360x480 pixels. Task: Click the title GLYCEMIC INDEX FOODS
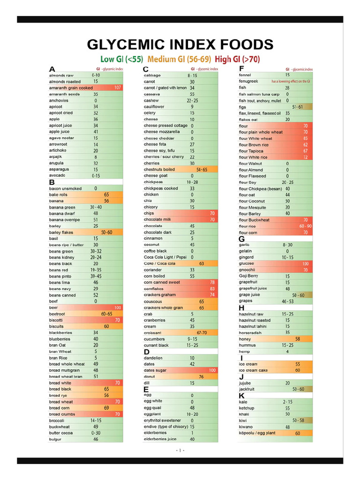[x=180, y=45]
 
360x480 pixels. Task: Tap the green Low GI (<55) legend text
[x=122, y=59]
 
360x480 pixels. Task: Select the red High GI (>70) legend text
[x=237, y=59]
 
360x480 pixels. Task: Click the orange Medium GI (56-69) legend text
[x=180, y=59]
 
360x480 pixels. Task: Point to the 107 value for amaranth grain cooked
[x=118, y=88]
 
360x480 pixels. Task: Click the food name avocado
[x=57, y=175]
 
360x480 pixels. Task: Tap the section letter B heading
[x=52, y=182]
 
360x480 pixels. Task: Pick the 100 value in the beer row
[x=118, y=307]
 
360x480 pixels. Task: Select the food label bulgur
[x=55, y=439]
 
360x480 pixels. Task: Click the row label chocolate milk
[x=157, y=219]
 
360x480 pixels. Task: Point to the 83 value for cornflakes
[x=212, y=289]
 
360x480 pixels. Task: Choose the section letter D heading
[x=147, y=352]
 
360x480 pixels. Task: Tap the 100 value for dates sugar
[x=212, y=370]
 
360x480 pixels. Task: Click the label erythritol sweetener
[x=162, y=420]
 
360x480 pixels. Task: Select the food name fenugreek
[x=248, y=81]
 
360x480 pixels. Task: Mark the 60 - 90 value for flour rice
[x=305, y=226]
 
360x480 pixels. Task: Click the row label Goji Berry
[x=248, y=276]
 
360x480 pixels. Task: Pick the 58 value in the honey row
[x=298, y=339]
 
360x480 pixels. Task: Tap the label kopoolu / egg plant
[x=257, y=433]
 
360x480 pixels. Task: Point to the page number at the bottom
[x=180, y=450]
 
